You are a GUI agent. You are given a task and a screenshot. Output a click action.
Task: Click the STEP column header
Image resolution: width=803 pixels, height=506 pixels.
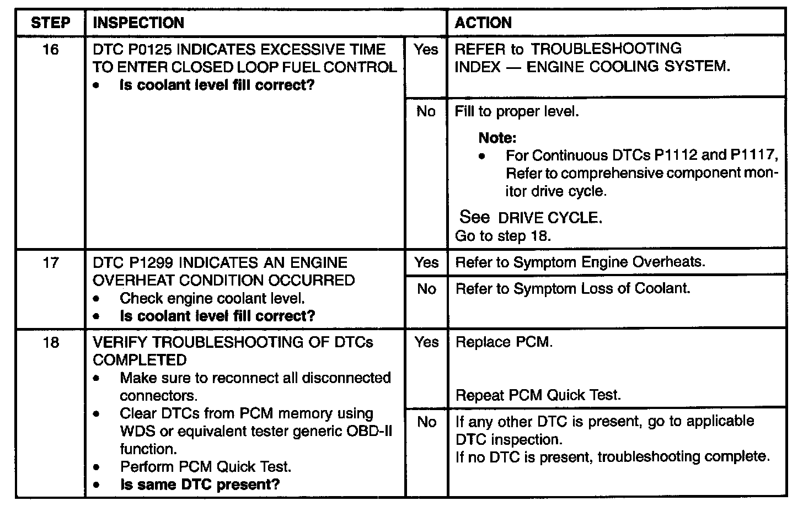(50, 23)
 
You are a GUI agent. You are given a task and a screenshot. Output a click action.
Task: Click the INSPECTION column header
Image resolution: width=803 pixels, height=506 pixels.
(138, 23)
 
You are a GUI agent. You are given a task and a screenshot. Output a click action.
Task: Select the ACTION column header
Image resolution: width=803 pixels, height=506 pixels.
(483, 23)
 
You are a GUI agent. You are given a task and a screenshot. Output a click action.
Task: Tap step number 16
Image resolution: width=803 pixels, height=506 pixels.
(50, 50)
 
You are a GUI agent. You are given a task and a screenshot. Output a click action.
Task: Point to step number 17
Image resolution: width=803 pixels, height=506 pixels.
(50, 262)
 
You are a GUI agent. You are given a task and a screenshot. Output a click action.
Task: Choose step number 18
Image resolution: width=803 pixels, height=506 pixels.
(50, 342)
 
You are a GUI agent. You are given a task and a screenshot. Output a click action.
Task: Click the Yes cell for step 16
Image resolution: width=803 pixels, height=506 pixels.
(426, 50)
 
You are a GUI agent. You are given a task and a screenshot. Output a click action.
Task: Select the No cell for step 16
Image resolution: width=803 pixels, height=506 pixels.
(426, 112)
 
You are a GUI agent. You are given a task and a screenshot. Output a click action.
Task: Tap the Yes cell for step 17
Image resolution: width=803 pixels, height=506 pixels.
(426, 262)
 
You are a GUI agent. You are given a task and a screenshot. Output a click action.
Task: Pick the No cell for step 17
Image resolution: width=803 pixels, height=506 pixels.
(426, 289)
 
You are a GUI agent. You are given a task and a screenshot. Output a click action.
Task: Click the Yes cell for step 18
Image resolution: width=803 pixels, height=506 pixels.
(426, 342)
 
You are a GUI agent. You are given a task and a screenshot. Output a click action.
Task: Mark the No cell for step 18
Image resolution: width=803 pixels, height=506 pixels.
(426, 422)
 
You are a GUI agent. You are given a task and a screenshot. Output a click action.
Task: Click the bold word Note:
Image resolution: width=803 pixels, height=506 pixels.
(497, 138)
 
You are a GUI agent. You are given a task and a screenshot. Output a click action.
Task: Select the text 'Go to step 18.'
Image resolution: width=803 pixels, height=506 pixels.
(502, 236)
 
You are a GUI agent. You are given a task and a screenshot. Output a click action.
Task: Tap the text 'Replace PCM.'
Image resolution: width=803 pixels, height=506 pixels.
(504, 342)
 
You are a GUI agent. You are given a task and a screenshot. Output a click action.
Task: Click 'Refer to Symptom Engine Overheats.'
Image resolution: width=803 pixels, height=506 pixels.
(580, 262)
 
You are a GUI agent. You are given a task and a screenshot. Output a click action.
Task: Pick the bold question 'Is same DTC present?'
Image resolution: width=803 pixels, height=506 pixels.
(200, 485)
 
